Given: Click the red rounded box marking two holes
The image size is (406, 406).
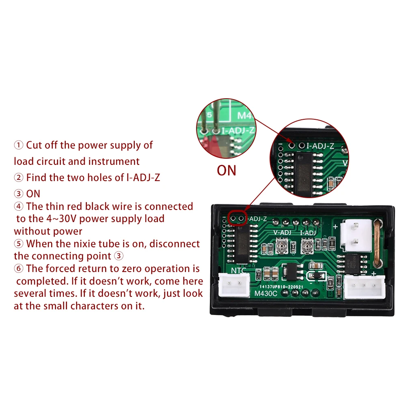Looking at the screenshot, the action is [237, 218].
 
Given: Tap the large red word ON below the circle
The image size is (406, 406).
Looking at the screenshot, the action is [227, 170].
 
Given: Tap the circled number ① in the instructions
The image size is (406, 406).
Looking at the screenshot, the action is [19, 145].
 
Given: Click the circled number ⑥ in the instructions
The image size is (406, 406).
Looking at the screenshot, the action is [19, 269].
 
